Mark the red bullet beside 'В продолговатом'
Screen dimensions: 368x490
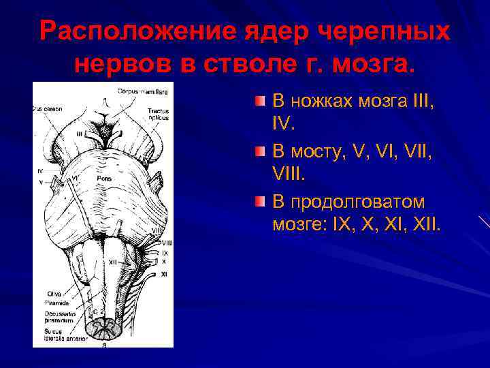pyautogui.click(x=261, y=203)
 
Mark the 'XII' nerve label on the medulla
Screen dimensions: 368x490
pyautogui.click(x=113, y=262)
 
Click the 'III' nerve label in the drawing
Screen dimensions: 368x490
pyautogui.click(x=80, y=134)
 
